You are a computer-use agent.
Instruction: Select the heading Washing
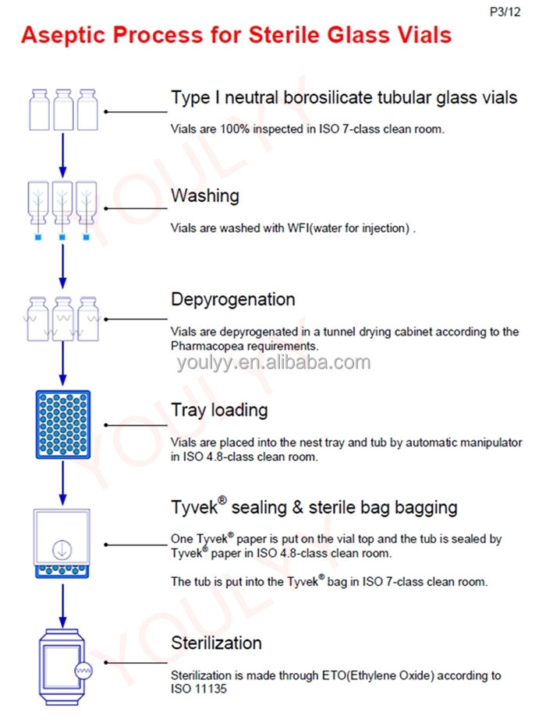click(205, 196)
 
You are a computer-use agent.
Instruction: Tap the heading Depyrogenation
click(233, 300)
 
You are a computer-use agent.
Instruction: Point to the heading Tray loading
click(219, 410)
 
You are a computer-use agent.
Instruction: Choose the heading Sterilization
click(217, 643)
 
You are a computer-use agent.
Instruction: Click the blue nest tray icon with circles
click(63, 424)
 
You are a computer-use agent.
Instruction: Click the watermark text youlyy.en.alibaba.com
click(273, 362)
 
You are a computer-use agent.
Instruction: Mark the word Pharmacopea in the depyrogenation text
click(204, 345)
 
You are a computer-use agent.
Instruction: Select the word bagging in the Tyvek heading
click(426, 507)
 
